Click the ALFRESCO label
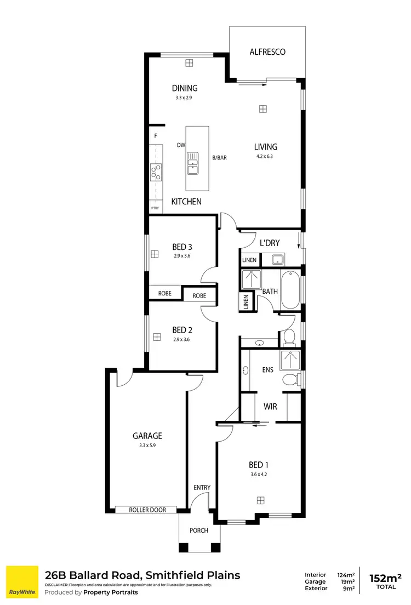click(267, 52)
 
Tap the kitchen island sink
click(193, 163)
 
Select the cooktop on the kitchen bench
click(156, 173)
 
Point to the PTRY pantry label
click(155, 208)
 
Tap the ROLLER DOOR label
click(147, 510)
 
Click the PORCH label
click(199, 530)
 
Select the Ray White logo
click(22, 582)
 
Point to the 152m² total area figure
click(385, 578)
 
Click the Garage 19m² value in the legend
click(347, 582)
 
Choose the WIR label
click(270, 407)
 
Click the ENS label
click(267, 370)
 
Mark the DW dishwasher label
click(180, 145)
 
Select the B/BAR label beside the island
click(219, 158)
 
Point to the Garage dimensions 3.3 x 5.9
click(147, 446)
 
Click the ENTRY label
click(202, 488)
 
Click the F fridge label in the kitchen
click(156, 135)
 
